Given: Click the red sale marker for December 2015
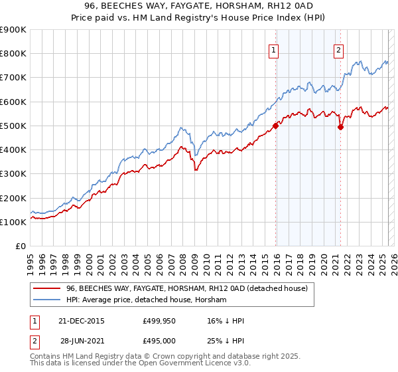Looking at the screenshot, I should pyautogui.click(x=275, y=126).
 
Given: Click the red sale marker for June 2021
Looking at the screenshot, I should pyautogui.click(x=340, y=127).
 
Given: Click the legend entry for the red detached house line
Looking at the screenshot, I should pyautogui.click(x=186, y=289).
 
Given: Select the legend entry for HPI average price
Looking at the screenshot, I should pyautogui.click(x=146, y=300).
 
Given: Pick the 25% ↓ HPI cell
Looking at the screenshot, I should pyautogui.click(x=226, y=340).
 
